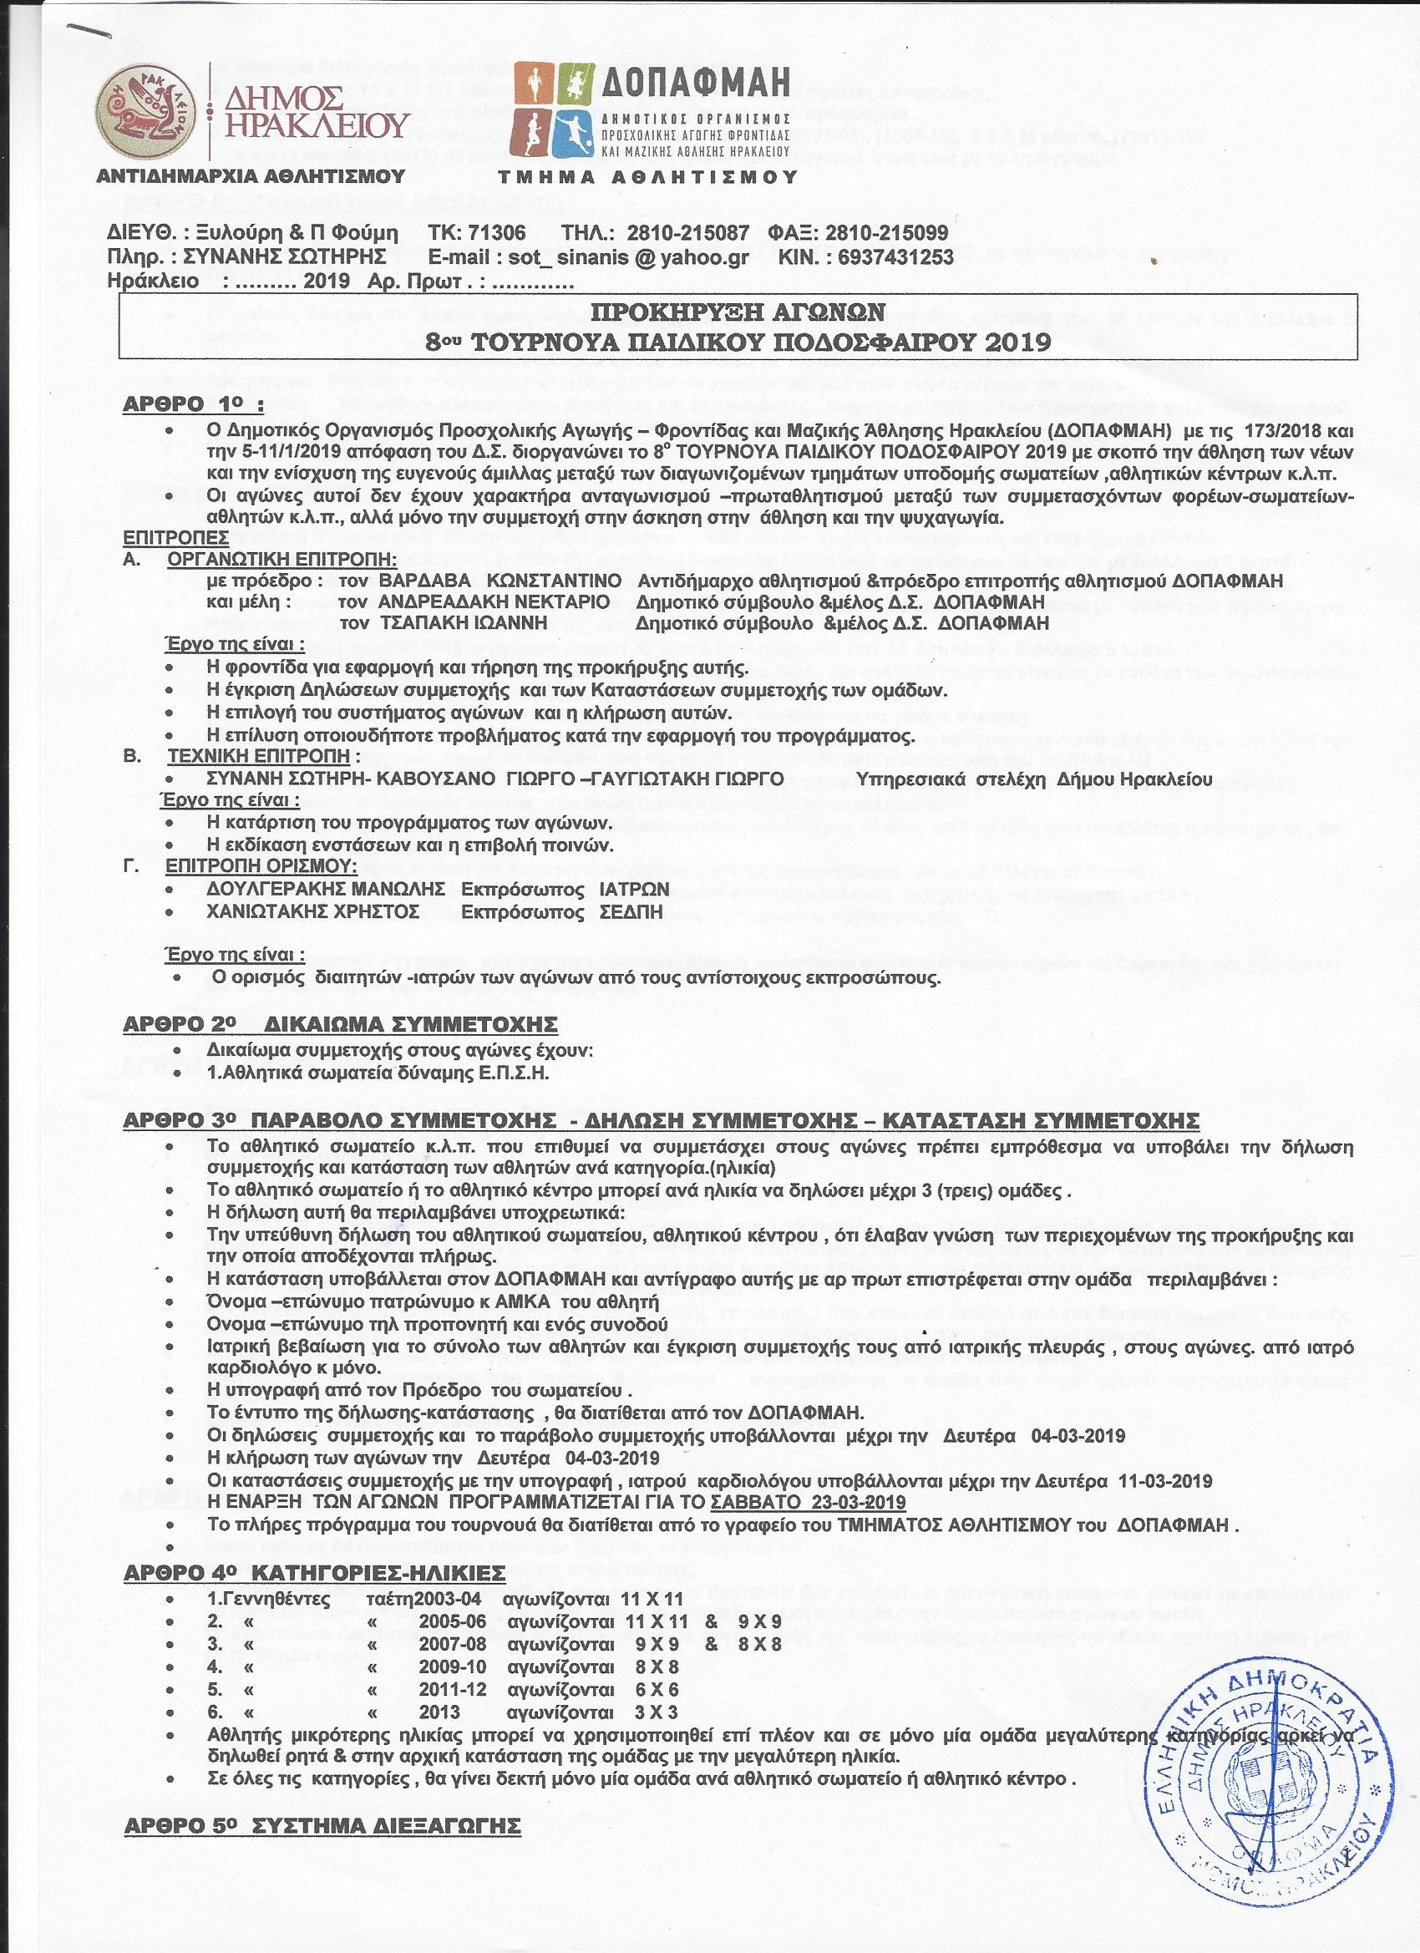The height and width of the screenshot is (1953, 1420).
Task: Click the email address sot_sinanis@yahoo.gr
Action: (588, 256)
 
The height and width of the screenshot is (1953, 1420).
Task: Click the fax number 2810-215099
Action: (887, 232)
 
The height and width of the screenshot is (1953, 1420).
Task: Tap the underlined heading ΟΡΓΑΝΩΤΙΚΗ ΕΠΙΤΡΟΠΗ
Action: (282, 559)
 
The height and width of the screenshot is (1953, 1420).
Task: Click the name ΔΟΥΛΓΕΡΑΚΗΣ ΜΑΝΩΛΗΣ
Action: (327, 889)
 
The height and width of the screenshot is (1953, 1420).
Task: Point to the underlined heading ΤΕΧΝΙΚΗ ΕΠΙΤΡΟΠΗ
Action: (262, 756)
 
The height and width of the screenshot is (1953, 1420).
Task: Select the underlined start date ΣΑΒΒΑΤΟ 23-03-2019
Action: (809, 1502)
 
